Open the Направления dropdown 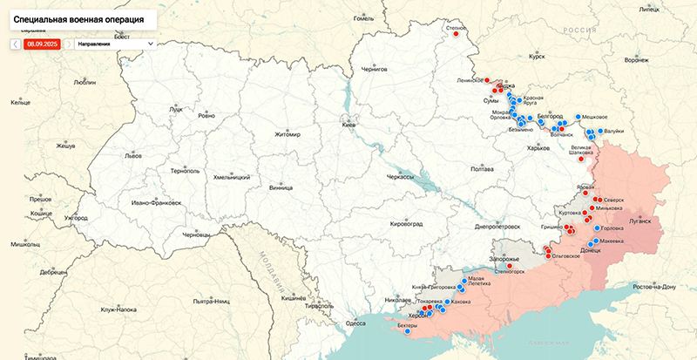[x=115, y=43]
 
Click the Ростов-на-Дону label [x=661, y=287]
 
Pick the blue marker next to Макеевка [x=596, y=241]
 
